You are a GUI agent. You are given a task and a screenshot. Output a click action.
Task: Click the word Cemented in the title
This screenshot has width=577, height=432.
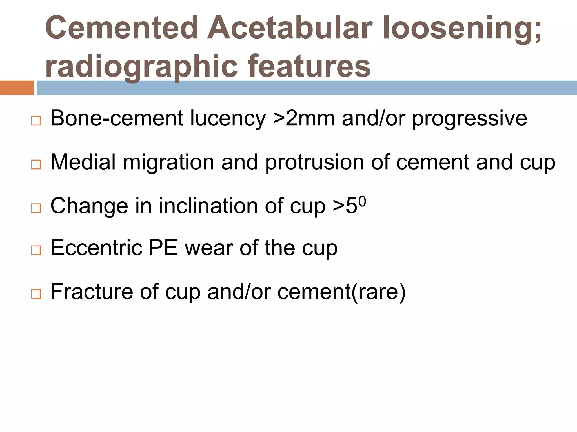(x=122, y=28)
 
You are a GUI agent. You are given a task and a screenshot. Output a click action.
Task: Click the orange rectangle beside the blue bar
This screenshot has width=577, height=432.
(x=17, y=88)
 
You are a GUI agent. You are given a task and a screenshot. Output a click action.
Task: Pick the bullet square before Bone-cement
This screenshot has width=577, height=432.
(x=36, y=121)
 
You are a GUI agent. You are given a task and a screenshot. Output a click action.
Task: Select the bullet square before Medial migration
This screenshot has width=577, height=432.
(x=36, y=165)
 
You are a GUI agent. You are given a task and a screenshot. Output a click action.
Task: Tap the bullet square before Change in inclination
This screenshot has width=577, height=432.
(x=36, y=208)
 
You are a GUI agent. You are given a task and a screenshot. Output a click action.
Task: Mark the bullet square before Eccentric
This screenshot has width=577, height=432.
(x=36, y=250)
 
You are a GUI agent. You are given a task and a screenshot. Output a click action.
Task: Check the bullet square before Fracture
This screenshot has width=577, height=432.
(x=36, y=294)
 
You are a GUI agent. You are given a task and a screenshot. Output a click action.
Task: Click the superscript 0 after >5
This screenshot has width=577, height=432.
(x=363, y=201)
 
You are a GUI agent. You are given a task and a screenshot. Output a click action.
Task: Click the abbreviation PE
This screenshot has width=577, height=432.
(x=163, y=248)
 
